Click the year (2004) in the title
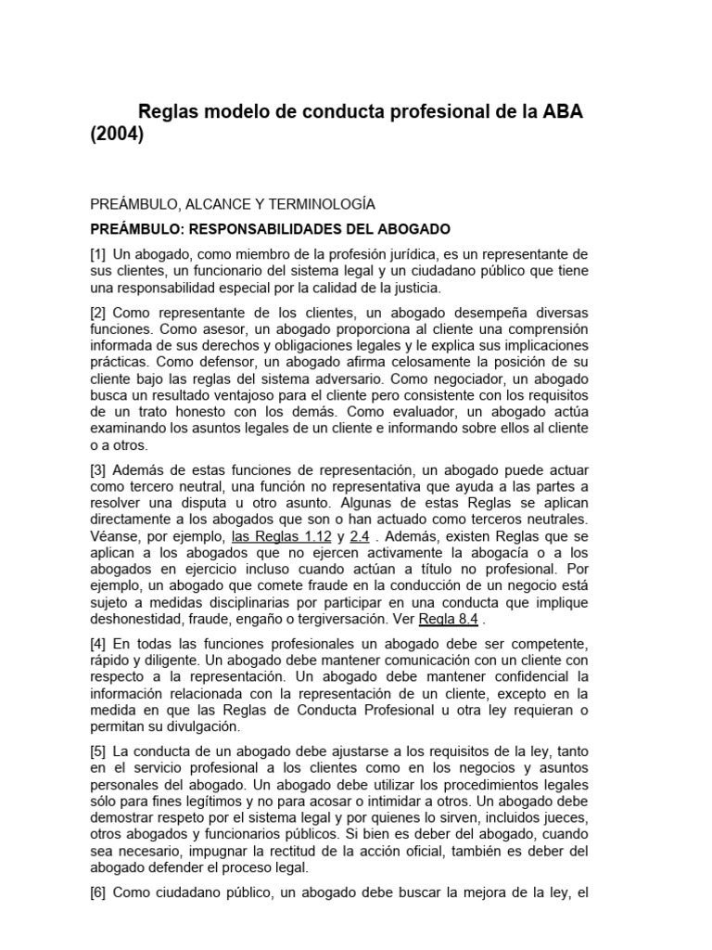(117, 134)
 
